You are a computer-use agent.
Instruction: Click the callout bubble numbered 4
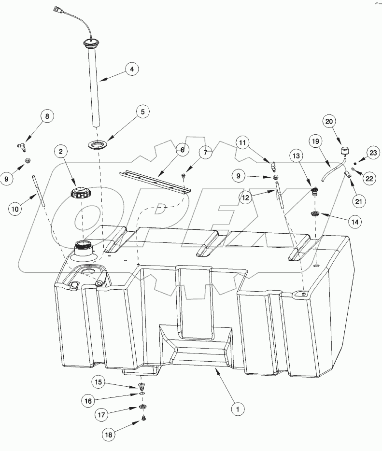(131, 70)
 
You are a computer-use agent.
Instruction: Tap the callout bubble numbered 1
(237, 410)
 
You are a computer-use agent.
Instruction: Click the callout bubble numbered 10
(15, 209)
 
